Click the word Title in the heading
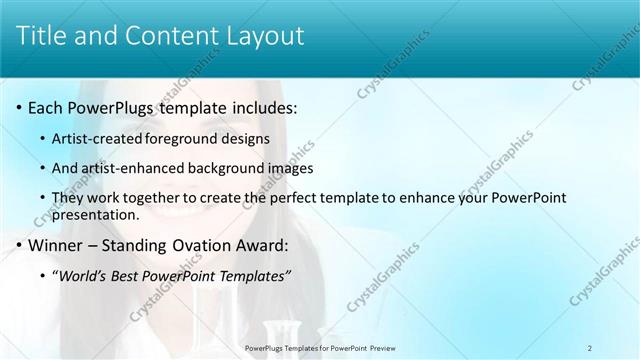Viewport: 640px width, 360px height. pos(48,37)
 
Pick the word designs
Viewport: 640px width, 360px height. pos(246,139)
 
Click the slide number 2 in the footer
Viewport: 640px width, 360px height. pos(590,347)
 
